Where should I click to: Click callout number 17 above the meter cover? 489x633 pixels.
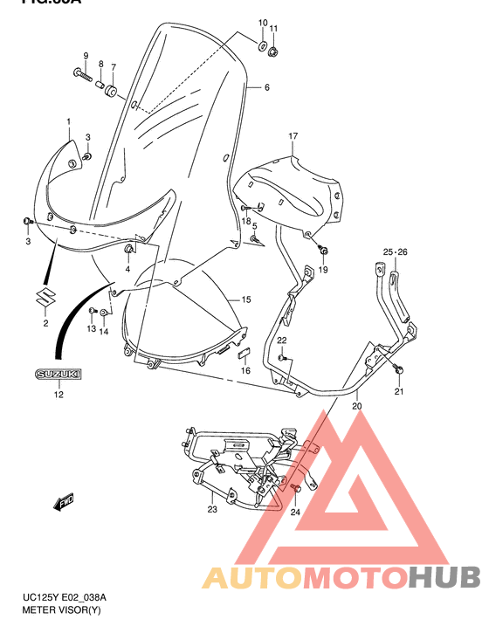pos(293,136)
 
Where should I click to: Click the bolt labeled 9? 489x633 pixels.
pos(83,75)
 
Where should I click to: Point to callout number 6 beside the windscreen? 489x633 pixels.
pos(266,87)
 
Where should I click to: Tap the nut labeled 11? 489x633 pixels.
pos(274,53)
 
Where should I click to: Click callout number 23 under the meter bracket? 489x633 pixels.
pos(212,510)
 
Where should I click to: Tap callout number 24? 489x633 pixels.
pos(295,513)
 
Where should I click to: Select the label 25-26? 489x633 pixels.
pos(395,252)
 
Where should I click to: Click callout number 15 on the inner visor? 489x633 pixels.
pos(246,299)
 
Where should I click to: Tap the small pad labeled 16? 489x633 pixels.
pos(245,354)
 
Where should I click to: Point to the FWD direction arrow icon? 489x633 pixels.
pos(65,502)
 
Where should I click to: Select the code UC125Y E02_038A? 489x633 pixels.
pos(65,597)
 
